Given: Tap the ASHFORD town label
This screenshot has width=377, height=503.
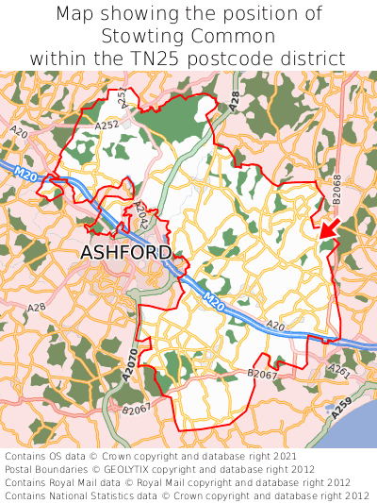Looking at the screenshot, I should tap(126, 253).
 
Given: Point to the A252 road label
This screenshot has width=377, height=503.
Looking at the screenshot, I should tap(107, 124).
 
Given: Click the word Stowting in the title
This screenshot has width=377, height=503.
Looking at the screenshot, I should tap(147, 37).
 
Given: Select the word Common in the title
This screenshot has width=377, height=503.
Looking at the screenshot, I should tap(234, 37).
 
